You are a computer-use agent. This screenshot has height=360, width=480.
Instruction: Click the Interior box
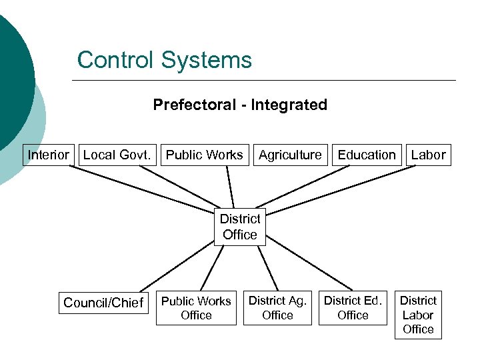[48, 155]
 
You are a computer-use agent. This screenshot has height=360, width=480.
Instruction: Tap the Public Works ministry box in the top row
[204, 155]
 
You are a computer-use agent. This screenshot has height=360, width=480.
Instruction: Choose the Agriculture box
[290, 155]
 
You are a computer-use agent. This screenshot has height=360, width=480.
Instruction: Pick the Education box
[367, 155]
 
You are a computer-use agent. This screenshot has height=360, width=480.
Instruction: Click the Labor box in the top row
[428, 155]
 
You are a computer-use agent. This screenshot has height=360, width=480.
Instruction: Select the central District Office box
[239, 227]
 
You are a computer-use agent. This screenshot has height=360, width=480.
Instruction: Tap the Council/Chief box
[103, 303]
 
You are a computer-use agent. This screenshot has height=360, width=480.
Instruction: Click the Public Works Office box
[196, 308]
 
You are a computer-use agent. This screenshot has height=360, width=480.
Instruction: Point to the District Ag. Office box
[277, 308]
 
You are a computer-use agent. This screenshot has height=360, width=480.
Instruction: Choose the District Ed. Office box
[353, 308]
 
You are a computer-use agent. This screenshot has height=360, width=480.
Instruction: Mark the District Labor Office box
[418, 315]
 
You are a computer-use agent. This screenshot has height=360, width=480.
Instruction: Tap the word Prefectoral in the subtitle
[195, 105]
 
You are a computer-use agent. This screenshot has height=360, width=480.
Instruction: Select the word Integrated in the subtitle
[289, 105]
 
